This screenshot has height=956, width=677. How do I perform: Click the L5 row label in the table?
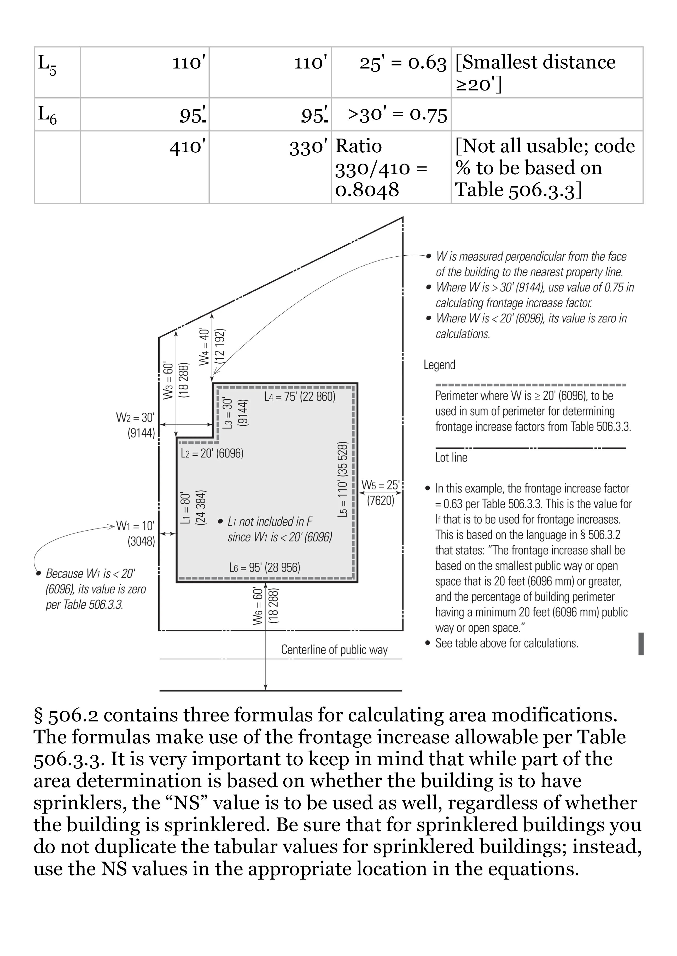point(47,66)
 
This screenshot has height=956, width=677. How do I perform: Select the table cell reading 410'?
point(187,147)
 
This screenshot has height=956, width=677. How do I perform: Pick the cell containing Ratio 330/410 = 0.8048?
point(381,167)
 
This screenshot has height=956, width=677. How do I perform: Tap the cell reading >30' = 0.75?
point(397,115)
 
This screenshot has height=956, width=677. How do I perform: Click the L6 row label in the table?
point(47,115)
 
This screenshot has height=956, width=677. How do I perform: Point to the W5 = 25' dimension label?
point(380,485)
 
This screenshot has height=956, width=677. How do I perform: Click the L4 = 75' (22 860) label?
point(300,396)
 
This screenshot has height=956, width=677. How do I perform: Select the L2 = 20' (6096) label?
point(212,453)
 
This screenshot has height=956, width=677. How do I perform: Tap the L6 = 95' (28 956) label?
point(264,567)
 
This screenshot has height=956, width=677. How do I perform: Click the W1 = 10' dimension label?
point(135,526)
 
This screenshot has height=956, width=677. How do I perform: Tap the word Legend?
point(439,365)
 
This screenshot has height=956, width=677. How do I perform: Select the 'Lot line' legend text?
point(451,458)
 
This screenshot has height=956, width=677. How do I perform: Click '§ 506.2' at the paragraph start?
point(66,715)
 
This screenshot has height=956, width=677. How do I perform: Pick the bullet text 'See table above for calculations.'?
point(506,643)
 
